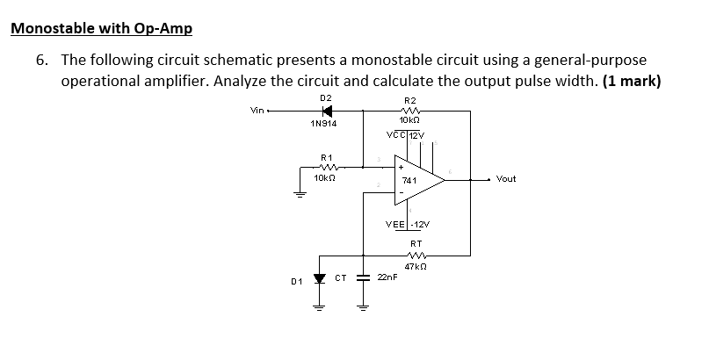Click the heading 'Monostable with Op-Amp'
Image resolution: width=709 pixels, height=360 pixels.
(100, 27)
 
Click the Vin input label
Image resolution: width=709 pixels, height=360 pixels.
(257, 111)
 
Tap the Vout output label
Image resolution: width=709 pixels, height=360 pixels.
(507, 178)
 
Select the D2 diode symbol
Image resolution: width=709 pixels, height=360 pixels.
(327, 111)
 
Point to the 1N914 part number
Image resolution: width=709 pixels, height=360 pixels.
(324, 124)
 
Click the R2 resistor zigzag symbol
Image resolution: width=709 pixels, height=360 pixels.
(409, 111)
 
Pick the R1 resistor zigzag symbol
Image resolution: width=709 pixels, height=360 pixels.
(326, 168)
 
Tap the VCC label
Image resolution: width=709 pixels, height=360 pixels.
(395, 134)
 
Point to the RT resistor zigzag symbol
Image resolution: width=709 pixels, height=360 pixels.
(416, 255)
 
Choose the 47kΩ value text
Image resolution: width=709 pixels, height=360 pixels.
(416, 266)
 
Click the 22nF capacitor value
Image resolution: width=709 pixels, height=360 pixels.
(387, 277)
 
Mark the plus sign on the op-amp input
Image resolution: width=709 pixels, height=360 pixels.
(401, 166)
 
